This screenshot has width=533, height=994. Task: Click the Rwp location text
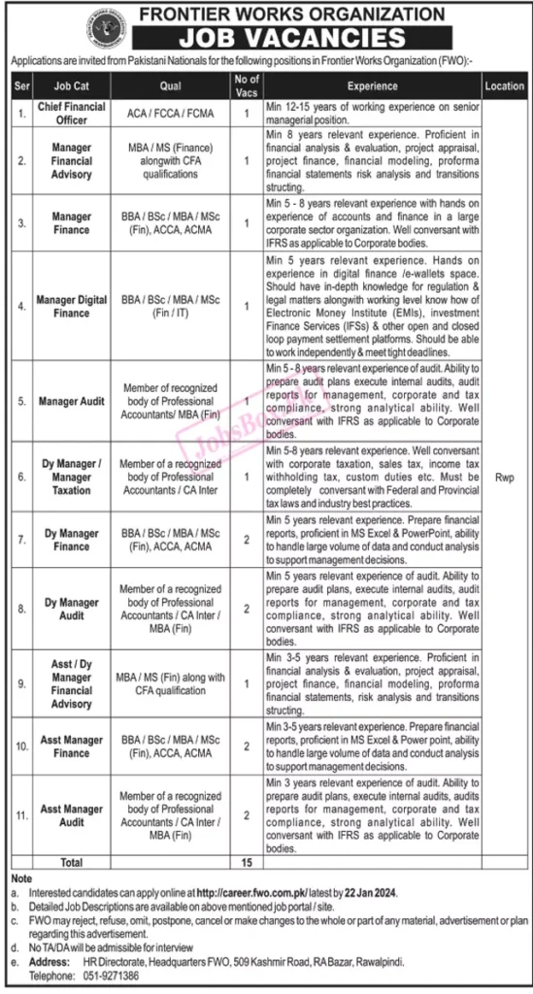(x=504, y=477)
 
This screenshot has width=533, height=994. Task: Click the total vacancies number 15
(x=249, y=861)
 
